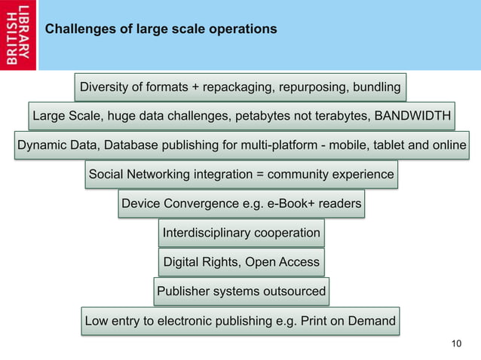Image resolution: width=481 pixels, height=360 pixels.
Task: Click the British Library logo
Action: point(19,35)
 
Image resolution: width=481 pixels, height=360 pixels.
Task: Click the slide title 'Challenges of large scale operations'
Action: point(161,29)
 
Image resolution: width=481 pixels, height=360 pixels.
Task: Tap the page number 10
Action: point(455,344)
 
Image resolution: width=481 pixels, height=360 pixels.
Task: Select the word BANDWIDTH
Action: point(413,116)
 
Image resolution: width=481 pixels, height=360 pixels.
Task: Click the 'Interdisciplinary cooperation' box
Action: point(241,233)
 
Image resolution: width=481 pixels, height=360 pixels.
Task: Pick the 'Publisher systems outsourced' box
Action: point(241,291)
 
